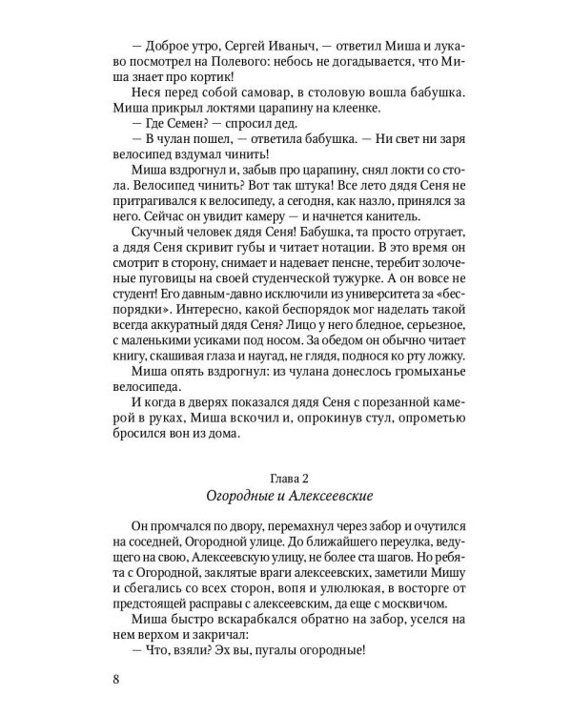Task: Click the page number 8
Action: [x=117, y=680]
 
